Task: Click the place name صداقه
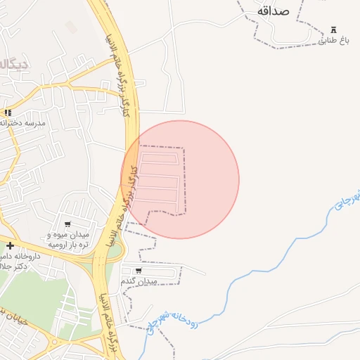[x=274, y=11]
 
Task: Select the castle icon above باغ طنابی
[x=334, y=30]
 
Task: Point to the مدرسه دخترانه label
[x=25, y=122]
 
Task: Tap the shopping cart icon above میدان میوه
[x=67, y=224]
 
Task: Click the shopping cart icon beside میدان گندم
[x=139, y=271]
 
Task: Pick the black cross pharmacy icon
[x=10, y=245]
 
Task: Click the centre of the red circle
[x=180, y=179]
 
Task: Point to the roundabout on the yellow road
[x=53, y=343]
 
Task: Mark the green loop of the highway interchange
[x=114, y=249]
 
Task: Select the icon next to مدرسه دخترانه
[x=8, y=112]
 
